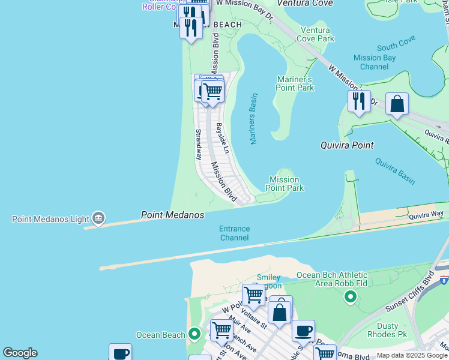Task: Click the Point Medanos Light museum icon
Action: (x=99, y=218)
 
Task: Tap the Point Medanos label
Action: (x=172, y=215)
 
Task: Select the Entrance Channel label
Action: (x=234, y=233)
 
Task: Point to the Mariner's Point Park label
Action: (x=295, y=83)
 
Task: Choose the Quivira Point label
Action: (x=347, y=145)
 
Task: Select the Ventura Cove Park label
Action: (x=317, y=34)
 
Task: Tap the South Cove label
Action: (x=396, y=46)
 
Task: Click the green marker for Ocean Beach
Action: (x=194, y=334)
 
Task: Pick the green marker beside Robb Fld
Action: (x=351, y=296)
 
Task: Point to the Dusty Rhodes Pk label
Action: (x=396, y=331)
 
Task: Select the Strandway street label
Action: (x=198, y=144)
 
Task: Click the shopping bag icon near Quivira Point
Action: (x=397, y=104)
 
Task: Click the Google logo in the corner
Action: (x=20, y=353)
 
